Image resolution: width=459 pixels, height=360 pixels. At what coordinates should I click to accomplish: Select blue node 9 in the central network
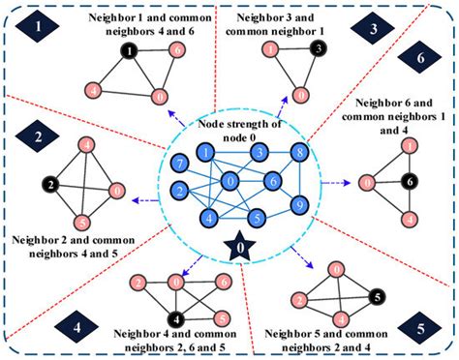point(300,205)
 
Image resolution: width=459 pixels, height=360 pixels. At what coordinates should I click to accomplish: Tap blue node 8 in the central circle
point(300,154)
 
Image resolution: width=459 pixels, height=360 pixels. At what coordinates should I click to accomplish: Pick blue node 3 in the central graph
point(258,152)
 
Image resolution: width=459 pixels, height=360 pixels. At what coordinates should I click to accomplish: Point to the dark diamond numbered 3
point(372,30)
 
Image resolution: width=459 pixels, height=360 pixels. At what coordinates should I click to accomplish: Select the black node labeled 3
point(318,48)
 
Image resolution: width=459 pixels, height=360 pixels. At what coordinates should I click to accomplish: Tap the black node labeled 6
point(411,181)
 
